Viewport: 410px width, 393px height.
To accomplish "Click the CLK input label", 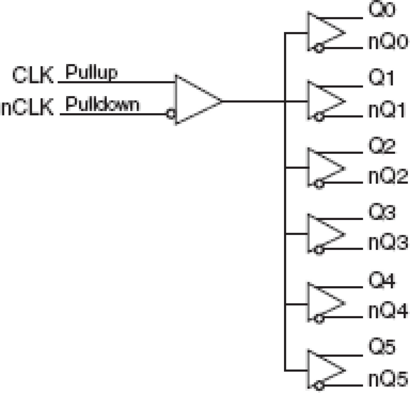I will point(33,75).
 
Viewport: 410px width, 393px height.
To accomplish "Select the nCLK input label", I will point(27,107).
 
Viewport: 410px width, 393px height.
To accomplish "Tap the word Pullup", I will point(91,72).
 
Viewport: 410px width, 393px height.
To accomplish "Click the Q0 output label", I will point(382,10).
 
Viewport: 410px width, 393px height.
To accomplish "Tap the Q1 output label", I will point(381,78).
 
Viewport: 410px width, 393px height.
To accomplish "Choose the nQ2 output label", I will point(388,177).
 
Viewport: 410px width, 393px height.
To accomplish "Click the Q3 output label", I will point(382,212).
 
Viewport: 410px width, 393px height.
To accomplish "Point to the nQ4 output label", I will point(388,311).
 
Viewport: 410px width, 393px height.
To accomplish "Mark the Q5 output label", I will point(382,346).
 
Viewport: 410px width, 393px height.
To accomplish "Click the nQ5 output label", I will point(388,380).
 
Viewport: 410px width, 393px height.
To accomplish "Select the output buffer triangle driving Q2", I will point(323,168).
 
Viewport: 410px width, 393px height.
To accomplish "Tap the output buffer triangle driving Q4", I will point(323,303).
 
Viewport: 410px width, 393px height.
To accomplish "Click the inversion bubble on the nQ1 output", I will point(319,117).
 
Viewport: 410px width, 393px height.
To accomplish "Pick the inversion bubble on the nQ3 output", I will point(319,250).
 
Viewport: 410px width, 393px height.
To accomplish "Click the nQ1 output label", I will point(387,110).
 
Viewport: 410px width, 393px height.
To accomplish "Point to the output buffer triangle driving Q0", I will point(323,32).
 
